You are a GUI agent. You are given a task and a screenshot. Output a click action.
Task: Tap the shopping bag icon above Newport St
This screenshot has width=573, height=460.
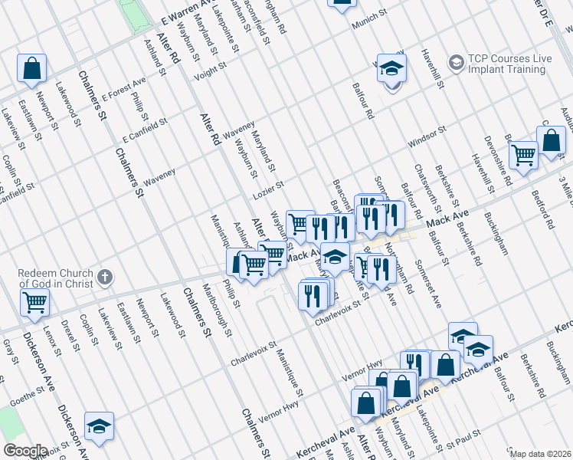32,69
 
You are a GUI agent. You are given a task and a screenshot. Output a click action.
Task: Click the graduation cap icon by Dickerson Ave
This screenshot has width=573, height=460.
99,426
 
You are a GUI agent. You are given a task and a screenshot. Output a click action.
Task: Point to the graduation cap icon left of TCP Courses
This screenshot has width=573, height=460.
392,69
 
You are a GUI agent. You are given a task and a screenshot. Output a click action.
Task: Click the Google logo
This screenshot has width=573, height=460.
25,451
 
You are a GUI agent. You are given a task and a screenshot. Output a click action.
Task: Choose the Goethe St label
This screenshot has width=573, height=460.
28,396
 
